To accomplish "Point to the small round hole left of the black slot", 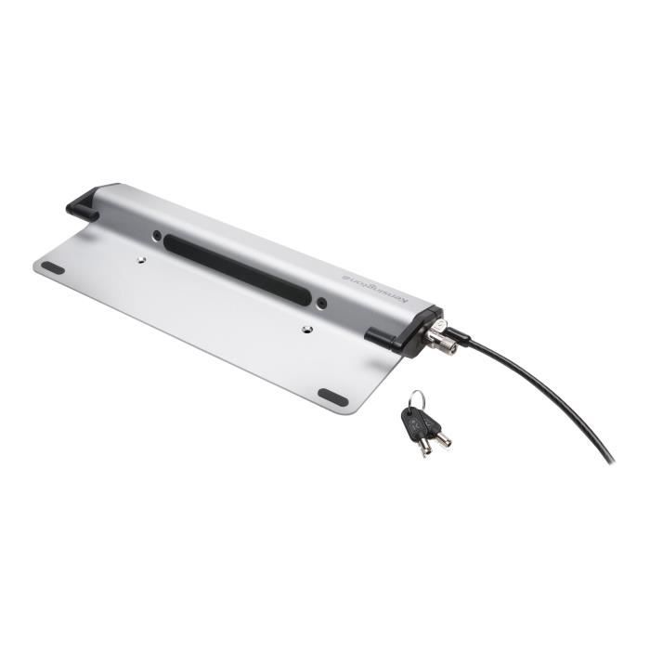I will (x=157, y=235).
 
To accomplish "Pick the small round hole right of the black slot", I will (x=322, y=304).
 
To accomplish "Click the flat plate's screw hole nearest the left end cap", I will (x=143, y=261).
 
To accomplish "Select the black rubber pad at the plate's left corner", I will (x=53, y=267).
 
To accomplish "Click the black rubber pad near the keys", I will (x=332, y=396).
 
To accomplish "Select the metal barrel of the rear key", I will (x=442, y=439).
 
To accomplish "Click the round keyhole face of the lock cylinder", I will (x=448, y=346).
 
